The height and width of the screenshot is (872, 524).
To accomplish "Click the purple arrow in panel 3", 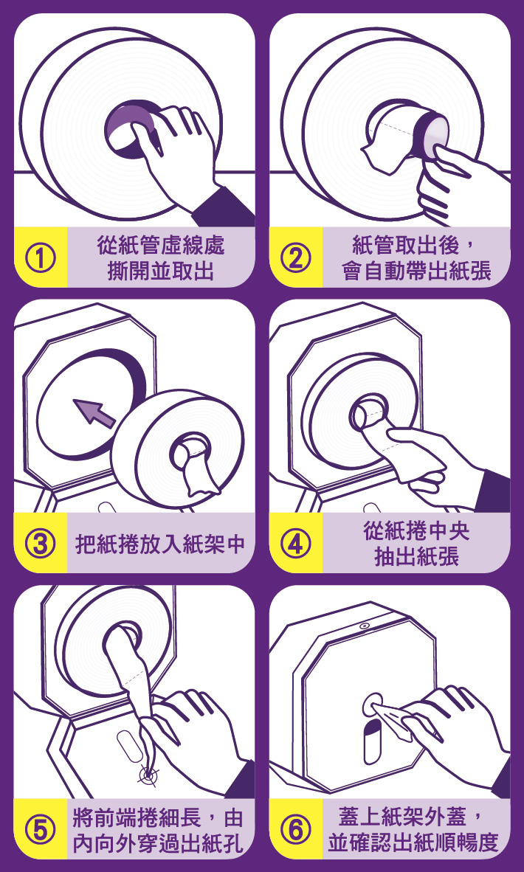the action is point(94,413).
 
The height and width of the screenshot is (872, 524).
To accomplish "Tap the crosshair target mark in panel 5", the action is point(148,774).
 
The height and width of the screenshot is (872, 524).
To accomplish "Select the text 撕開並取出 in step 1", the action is point(161,272).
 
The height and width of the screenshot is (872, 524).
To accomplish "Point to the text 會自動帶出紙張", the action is point(417,272).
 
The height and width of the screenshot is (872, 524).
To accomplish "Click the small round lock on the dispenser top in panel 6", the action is point(364,626).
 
